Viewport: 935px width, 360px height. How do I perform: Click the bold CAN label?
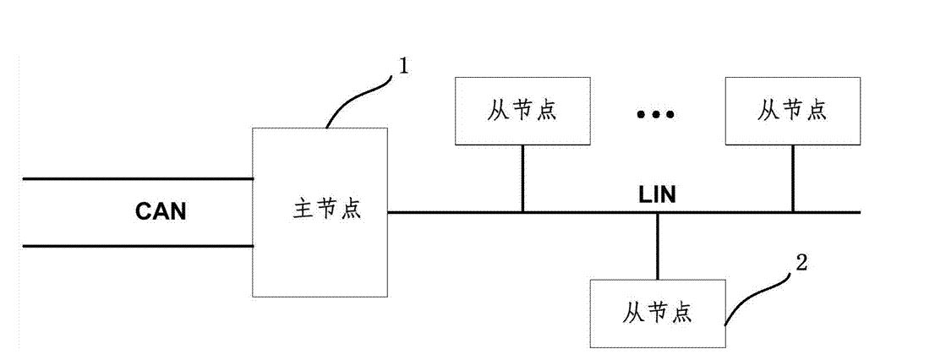point(161,212)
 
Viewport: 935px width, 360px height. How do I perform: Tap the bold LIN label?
point(657,196)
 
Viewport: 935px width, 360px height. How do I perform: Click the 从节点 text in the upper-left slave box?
point(522,111)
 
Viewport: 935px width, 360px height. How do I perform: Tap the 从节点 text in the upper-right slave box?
point(792,111)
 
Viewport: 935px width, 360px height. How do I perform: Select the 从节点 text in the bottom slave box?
point(657,313)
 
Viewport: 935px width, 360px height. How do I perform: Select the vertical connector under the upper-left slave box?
point(522,177)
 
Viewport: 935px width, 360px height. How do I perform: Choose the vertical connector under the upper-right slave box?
point(792,177)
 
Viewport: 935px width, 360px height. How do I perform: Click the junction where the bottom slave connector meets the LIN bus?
point(657,212)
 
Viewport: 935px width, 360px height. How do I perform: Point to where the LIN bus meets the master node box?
point(388,212)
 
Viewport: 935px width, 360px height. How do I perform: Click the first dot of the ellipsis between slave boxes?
point(642,114)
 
